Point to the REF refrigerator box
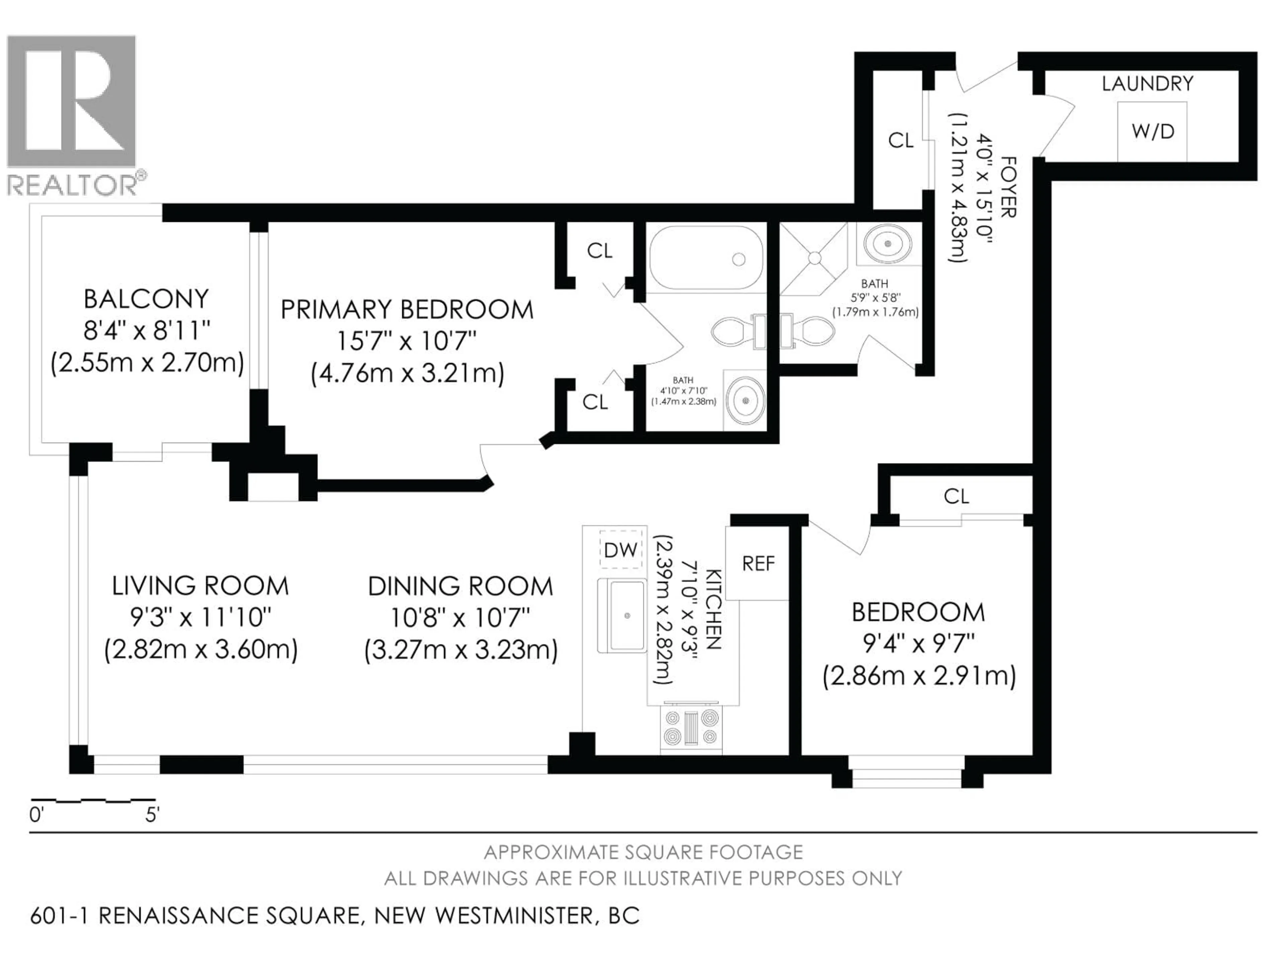click(x=758, y=563)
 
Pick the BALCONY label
click(x=146, y=299)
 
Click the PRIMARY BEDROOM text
click(x=407, y=310)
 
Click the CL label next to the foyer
click(x=901, y=140)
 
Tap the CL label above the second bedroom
click(x=956, y=496)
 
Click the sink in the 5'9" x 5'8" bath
click(x=888, y=244)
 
